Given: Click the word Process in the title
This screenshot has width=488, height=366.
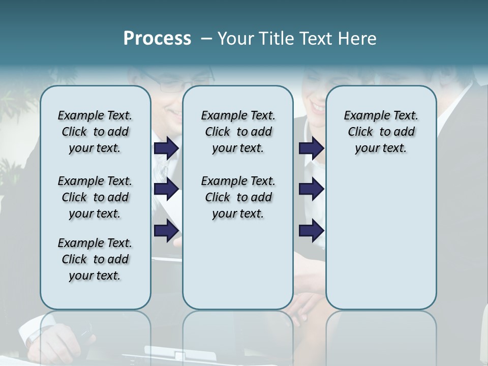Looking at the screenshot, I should click(157, 39).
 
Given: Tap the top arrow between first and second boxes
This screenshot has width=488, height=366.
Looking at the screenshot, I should click(166, 148).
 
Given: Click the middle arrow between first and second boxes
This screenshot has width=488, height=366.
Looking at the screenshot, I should click(166, 189).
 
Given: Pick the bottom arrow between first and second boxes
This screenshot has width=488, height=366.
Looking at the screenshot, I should click(166, 230).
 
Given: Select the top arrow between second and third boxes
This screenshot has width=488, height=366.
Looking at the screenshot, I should click(311, 148).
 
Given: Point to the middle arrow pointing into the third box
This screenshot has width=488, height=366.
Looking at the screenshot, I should click(311, 189).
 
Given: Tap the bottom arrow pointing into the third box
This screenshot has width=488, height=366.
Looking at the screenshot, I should click(311, 230).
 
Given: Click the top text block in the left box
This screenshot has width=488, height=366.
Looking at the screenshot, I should click(95, 132).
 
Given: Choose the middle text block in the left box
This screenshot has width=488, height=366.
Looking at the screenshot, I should click(95, 197).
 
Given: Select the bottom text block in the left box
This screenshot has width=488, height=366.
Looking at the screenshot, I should click(95, 259).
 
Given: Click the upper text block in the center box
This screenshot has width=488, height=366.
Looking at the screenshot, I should click(238, 132).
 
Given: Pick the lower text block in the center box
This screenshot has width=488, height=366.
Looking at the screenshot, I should click(238, 197).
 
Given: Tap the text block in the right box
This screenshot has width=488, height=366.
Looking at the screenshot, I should click(381, 132).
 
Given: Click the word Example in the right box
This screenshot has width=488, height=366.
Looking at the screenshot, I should click(362, 115).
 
